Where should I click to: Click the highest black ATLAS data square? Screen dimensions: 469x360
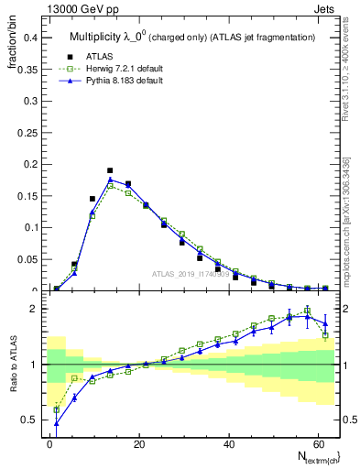[110, 170]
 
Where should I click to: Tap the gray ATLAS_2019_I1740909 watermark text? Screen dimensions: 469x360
[191, 274]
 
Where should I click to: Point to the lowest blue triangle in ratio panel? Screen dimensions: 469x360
[57, 423]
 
